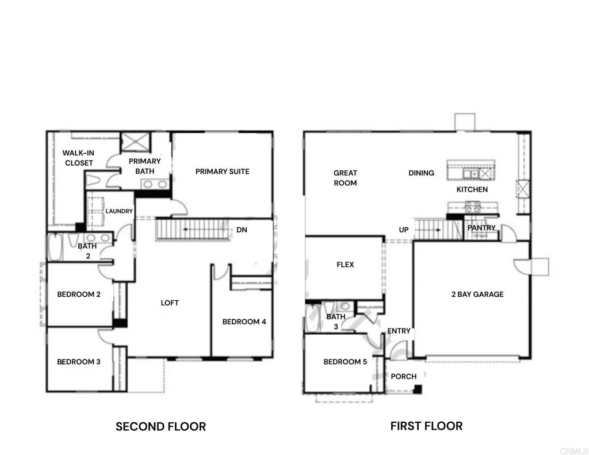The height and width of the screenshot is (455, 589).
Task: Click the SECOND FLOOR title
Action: point(161,426)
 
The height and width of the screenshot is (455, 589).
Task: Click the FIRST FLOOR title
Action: point(426,426)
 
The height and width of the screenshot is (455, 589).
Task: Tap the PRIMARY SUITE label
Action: point(223,171)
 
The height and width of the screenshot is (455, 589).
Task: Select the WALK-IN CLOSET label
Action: point(78,158)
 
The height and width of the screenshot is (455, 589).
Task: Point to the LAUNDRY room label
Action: point(119,211)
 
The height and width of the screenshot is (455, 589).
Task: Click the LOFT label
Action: point(170,303)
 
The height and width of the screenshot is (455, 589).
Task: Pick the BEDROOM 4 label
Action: point(244,322)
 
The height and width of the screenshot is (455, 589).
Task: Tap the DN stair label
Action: point(242,230)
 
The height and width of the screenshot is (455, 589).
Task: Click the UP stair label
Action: point(404,230)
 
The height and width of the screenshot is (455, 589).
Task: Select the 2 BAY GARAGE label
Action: point(477,294)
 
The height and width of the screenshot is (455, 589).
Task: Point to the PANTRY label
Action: point(481,228)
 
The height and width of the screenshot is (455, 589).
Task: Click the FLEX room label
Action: point(345,265)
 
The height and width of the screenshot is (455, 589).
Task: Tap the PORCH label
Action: point(403,376)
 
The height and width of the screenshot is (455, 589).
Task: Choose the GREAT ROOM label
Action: point(345,178)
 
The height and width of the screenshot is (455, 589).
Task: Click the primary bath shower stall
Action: point(135,142)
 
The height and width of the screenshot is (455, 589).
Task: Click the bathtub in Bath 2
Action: point(56,246)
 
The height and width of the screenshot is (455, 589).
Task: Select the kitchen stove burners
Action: point(473,207)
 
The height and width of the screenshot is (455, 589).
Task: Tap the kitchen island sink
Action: point(471,174)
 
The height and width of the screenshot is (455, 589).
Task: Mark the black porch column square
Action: point(418,389)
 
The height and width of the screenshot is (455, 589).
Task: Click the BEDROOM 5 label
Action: point(345,362)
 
